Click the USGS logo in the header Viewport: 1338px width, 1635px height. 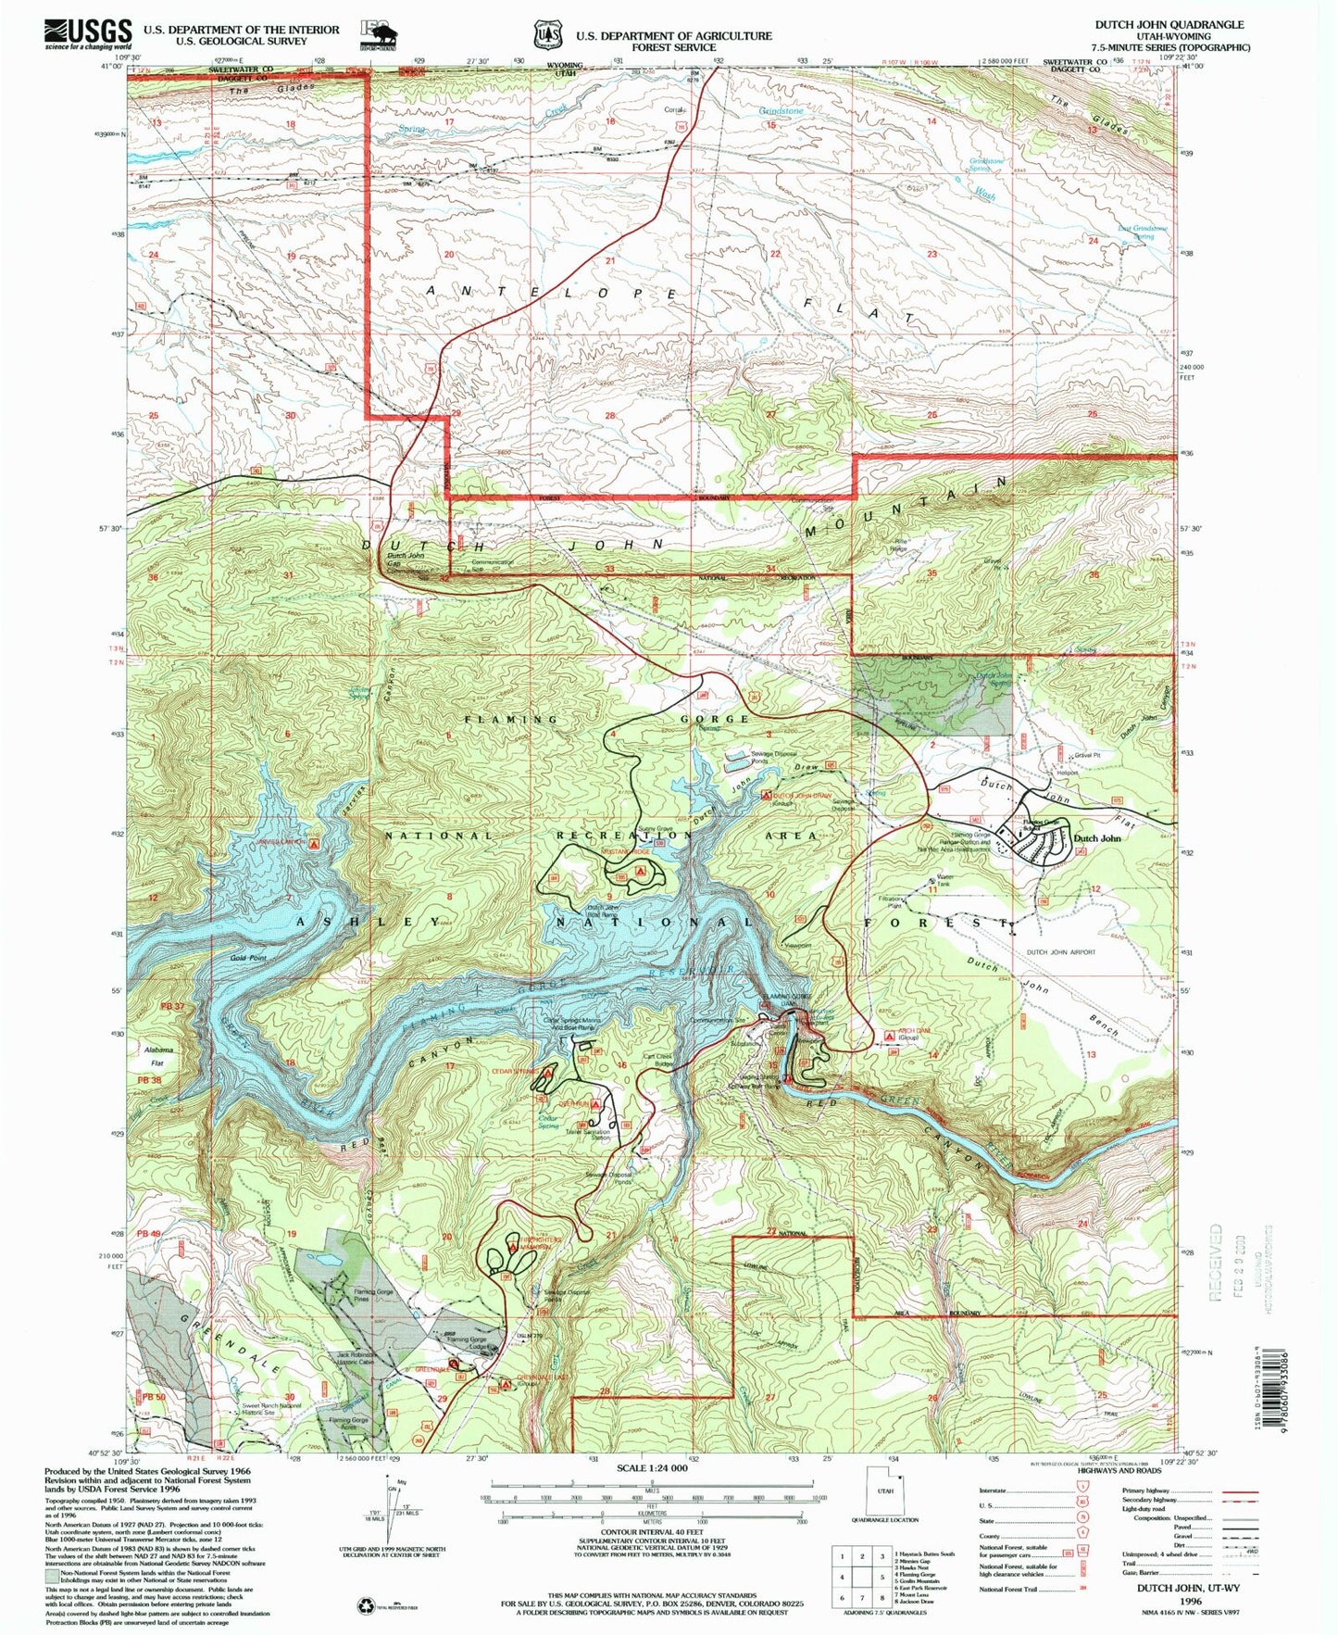pos(87,34)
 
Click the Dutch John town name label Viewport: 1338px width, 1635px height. pos(1097,837)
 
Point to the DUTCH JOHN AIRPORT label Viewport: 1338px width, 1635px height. pos(1060,951)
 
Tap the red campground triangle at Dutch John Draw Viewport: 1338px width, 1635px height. pos(766,795)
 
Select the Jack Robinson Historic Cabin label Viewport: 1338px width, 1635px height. pos(360,1359)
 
